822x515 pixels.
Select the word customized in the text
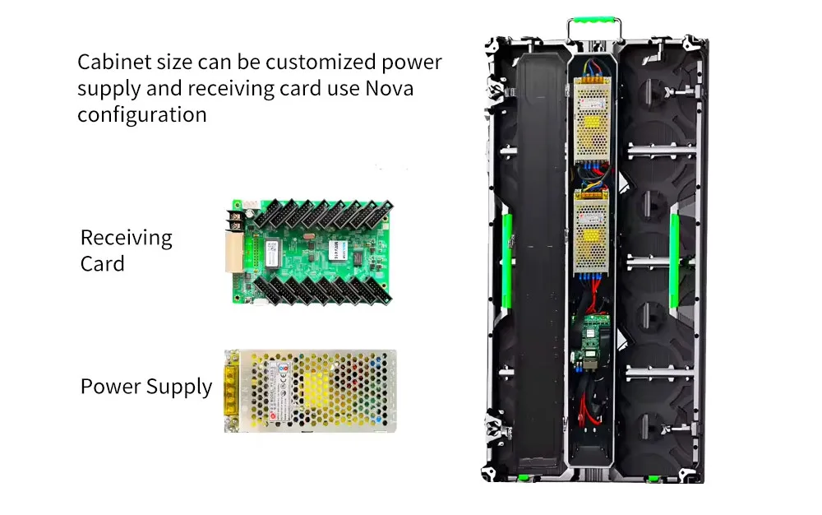[x=323, y=63]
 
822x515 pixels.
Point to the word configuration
[x=141, y=114]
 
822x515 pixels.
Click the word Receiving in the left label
[x=126, y=239]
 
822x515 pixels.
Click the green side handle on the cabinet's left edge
[x=507, y=244]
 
